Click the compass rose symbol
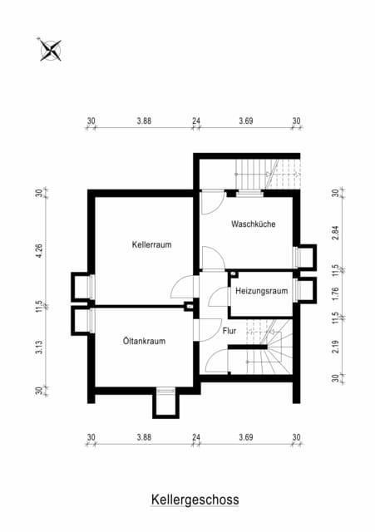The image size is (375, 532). pos(51,50)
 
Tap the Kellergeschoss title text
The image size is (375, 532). pos(195,500)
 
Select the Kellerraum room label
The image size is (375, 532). pos(151,244)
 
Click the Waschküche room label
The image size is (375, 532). pos(253,224)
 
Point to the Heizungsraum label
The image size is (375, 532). pos(261,291)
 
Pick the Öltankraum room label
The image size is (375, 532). pos(144,341)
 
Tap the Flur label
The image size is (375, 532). pos(229,331)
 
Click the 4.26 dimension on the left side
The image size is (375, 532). pos(39,251)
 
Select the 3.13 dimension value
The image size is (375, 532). pos(39,347)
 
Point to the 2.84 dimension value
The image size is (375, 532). pos(335,233)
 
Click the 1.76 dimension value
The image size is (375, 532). pos(335,293)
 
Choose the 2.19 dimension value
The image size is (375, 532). pos(335,347)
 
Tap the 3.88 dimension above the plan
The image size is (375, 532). pos(144,121)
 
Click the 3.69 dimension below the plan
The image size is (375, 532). pos(245,437)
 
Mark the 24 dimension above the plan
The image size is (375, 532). pos(196,121)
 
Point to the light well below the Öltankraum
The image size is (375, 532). pos(165,405)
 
